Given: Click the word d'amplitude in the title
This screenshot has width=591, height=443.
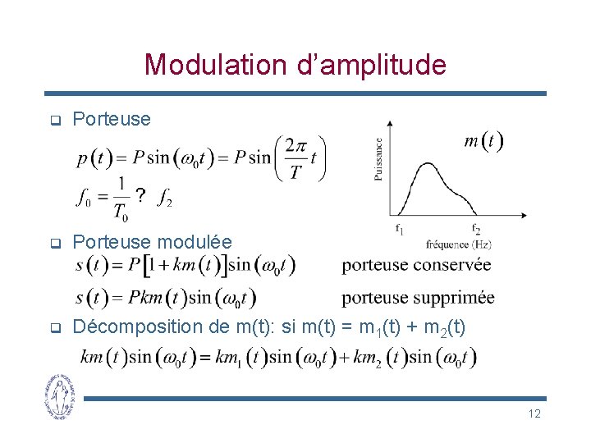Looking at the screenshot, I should (375, 64).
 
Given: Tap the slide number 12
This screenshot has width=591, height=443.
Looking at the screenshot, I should (534, 413).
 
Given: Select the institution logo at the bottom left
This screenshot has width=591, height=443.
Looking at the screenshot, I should (59, 396).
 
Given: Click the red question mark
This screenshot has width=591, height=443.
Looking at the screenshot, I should (141, 195).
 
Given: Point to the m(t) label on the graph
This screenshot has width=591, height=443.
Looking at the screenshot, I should (483, 141).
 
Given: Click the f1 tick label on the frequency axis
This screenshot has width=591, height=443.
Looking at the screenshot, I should (399, 230).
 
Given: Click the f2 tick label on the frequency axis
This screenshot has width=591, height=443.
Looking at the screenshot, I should (476, 229).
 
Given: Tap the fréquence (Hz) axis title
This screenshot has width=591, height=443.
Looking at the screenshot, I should (459, 244).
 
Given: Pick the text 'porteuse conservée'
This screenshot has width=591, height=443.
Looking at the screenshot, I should (416, 265).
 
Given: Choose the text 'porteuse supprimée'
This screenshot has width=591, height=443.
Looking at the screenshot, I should (418, 297).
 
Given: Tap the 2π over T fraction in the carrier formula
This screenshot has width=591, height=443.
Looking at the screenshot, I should (296, 158).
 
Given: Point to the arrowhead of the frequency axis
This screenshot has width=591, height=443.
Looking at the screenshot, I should (523, 217).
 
